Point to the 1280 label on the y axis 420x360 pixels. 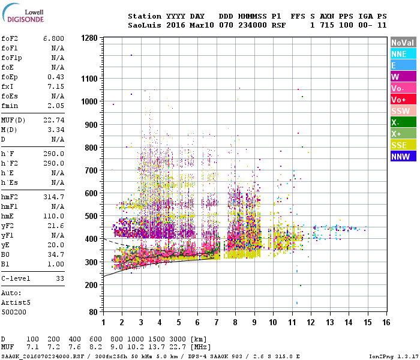coord(89,38)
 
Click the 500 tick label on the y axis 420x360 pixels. coord(91,216)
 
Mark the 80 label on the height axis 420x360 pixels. coord(93,313)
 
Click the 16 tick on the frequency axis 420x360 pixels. coord(386,323)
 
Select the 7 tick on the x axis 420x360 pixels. coord(217,323)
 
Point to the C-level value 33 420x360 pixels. coord(59,279)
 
